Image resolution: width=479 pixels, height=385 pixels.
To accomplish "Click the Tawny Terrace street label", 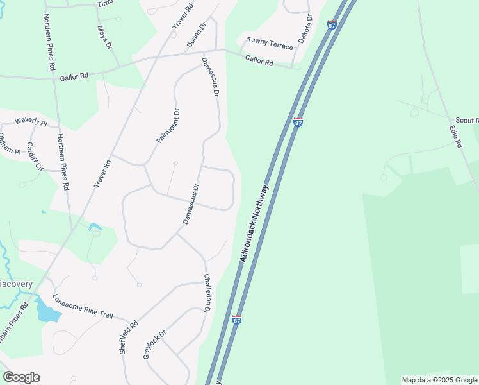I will (270, 44).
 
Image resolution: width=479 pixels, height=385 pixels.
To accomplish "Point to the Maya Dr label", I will (104, 38).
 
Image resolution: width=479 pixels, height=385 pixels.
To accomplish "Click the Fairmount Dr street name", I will (168, 126).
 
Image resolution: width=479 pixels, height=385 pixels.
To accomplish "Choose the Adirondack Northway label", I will (256, 222).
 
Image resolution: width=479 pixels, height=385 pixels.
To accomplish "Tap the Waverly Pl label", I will (31, 120).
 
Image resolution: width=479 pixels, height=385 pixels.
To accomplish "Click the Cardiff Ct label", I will (34, 157).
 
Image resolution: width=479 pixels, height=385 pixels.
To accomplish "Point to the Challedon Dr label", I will (207, 293).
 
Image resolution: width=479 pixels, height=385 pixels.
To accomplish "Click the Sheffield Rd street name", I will (129, 338).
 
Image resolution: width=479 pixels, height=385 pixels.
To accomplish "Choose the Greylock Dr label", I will (155, 344).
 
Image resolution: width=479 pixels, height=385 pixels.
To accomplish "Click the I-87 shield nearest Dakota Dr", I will (332, 24).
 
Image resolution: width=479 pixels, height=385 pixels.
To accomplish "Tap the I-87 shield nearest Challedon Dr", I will (237, 319).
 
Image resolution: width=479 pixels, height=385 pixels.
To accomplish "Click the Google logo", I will (21, 377).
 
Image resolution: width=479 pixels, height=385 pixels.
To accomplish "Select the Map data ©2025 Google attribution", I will (439, 380).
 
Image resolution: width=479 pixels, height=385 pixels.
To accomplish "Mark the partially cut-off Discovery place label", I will (16, 284).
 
